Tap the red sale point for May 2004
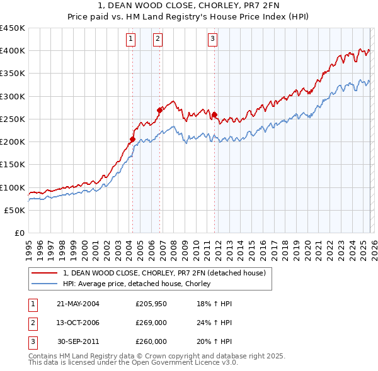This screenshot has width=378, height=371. pos(133,139)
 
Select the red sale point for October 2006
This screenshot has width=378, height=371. pos(159,110)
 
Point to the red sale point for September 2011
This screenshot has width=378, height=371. pos(215,114)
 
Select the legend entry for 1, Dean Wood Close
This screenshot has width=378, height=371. pos(164,273)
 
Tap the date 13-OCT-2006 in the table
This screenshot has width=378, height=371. pos(78,323)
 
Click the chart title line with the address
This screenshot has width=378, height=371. pos(189,6)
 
